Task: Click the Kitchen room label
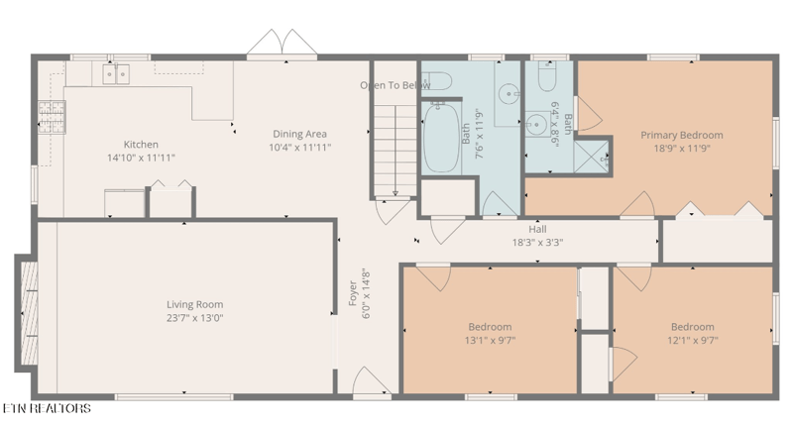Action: point(141,145)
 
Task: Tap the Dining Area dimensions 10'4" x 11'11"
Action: point(300,148)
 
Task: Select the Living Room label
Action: point(194,304)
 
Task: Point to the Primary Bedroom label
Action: point(682,135)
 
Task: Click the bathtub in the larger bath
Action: point(441,138)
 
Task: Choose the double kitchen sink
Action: point(116,73)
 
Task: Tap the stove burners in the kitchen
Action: point(53,117)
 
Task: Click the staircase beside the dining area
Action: point(395,151)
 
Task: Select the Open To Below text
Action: point(395,85)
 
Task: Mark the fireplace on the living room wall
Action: point(28,312)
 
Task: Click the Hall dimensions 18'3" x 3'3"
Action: point(537,243)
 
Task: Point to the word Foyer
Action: point(353,293)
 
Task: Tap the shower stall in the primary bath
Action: point(592,157)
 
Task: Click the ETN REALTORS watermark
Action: point(47,408)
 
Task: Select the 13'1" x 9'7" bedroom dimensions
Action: point(490,340)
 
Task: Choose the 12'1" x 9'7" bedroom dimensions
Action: point(692,340)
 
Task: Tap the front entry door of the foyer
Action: point(372,381)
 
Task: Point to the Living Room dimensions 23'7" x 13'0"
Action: point(194,318)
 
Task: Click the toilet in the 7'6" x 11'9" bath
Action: point(436,81)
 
